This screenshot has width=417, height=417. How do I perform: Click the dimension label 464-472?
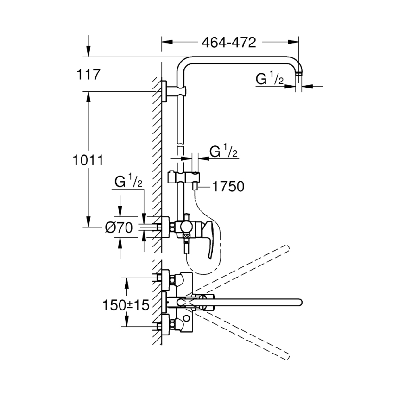pos(229,43)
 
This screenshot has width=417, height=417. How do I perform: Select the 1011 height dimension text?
pos(88,160)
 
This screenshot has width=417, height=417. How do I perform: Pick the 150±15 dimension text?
pos(126,305)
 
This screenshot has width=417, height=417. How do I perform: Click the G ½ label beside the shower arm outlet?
pos(270,79)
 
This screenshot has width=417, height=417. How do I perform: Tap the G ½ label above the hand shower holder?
pos(224,152)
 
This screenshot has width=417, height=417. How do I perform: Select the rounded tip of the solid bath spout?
pos(297,303)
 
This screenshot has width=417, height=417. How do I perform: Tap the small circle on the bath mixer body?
pos(187,319)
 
